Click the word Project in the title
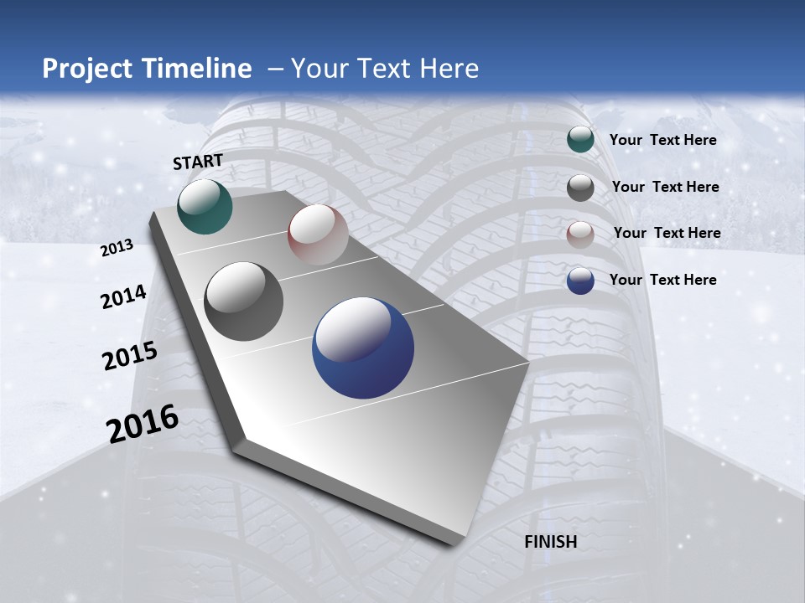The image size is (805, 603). click(x=85, y=69)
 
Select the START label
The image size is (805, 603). click(x=198, y=162)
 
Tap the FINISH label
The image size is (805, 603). click(x=551, y=542)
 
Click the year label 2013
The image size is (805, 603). click(x=117, y=248)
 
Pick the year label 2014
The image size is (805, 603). click(x=124, y=297)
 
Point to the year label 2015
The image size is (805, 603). click(x=130, y=356)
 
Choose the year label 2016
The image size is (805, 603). click(x=143, y=424)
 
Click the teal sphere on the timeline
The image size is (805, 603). click(x=205, y=206)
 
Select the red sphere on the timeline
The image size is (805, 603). click(x=318, y=234)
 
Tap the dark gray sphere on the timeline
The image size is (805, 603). click(x=244, y=301)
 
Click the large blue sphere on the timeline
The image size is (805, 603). click(x=363, y=348)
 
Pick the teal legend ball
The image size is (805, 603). click(x=580, y=140)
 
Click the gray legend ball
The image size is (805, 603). click(x=580, y=188)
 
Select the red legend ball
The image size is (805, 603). click(x=580, y=234)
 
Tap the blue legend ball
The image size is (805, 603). click(x=580, y=281)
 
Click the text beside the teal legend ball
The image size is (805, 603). click(x=663, y=141)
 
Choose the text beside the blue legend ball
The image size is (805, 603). click(x=663, y=280)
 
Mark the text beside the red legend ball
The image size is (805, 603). click(x=667, y=233)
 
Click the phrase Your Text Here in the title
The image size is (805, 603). click(x=385, y=69)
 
